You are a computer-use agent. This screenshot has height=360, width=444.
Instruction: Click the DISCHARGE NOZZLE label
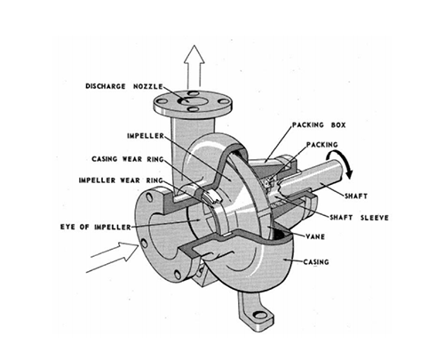coord(124,86)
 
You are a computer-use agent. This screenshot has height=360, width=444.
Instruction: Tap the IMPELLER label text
coord(146,136)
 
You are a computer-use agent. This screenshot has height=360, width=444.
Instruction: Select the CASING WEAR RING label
coord(128,159)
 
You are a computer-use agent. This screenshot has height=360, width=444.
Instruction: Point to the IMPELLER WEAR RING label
coord(121,180)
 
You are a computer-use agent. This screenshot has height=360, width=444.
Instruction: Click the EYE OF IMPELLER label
coord(96,228)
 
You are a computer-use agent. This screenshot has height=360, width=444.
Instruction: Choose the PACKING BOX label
coord(319,125)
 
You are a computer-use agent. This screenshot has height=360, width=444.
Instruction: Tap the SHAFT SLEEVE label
coord(359,218)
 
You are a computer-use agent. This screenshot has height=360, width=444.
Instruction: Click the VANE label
coord(315,236)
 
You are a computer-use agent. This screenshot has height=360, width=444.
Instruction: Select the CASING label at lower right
coord(316,262)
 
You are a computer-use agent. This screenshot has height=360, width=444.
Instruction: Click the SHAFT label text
coord(356,196)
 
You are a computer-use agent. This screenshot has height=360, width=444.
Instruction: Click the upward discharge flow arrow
coord(194,67)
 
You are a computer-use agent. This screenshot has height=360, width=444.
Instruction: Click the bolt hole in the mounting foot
coord(260,315)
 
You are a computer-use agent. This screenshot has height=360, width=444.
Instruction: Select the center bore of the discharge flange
coord(193,100)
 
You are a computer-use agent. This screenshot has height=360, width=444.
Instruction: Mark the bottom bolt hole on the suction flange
coord(178,275)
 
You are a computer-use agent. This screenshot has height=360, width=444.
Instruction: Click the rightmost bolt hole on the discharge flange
coord(223,101)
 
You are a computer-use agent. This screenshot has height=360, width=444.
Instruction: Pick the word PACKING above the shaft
coord(321,145)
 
